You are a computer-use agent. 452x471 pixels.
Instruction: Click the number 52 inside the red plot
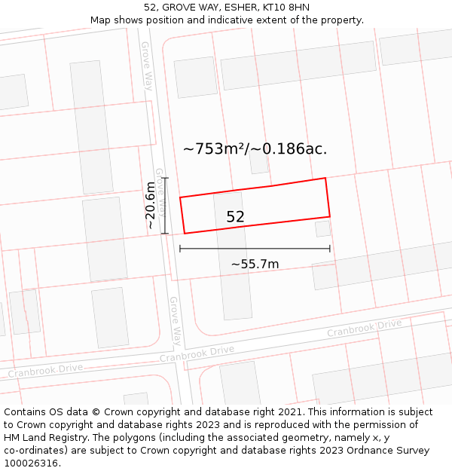(235, 217)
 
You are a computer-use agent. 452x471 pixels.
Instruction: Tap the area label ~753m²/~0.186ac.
(255, 148)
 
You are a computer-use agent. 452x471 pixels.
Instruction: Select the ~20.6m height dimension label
(151, 205)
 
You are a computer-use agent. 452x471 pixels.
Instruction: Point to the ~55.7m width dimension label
(255, 264)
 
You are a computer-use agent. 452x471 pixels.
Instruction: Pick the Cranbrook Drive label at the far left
(45, 370)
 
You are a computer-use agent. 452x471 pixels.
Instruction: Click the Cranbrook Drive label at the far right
(365, 329)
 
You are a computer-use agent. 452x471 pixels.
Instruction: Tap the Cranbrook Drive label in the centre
(197, 353)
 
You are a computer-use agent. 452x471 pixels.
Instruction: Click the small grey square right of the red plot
(322, 228)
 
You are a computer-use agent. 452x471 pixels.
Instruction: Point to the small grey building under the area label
(258, 164)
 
